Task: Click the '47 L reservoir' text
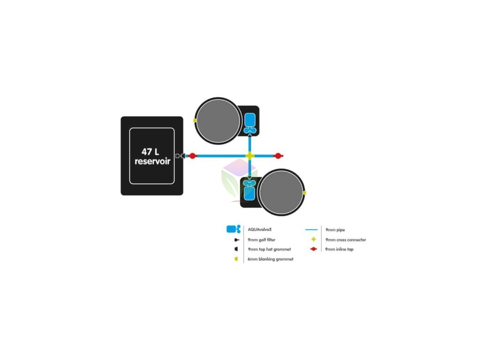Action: pos(152,157)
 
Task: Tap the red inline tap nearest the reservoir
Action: pos(192,156)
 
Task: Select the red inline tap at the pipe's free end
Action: pos(278,156)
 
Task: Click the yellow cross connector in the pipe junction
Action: pos(250,156)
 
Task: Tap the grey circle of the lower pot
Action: pos(281,192)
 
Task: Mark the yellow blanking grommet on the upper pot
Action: pos(195,121)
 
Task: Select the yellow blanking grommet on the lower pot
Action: pos(305,192)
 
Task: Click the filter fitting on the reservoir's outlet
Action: pos(179,156)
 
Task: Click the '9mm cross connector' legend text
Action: pos(345,240)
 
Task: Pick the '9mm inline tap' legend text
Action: pos(339,249)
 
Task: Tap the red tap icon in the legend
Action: pos(313,249)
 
